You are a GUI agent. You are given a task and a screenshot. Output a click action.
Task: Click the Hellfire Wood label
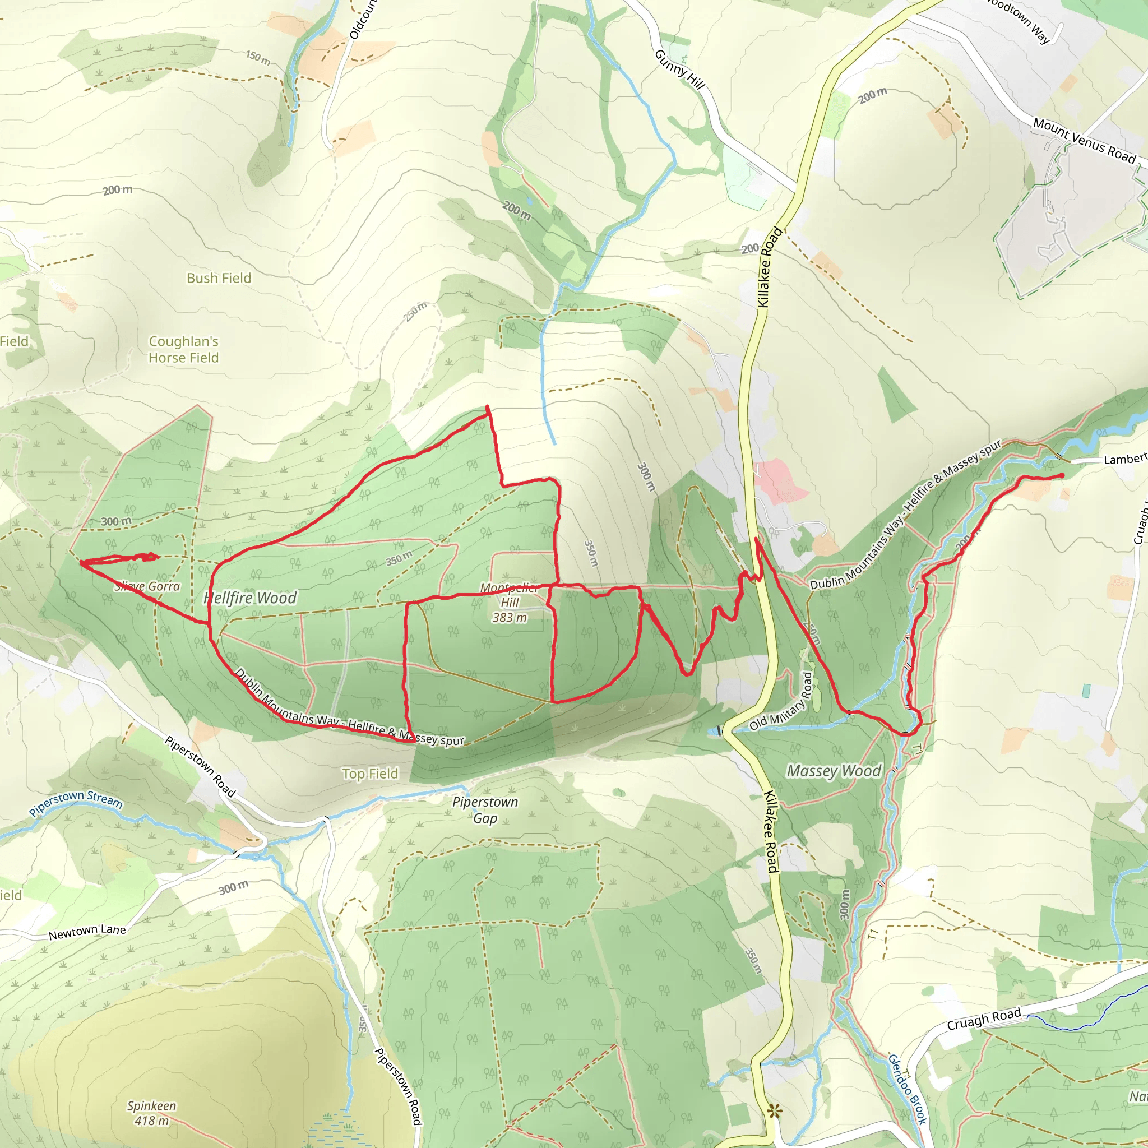click(x=249, y=598)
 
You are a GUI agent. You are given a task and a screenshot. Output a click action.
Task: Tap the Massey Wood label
click(x=834, y=771)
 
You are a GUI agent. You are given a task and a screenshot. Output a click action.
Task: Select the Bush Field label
click(x=219, y=278)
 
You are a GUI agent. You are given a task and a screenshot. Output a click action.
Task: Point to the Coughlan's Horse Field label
click(x=184, y=349)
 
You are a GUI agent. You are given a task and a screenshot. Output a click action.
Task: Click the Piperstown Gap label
click(x=485, y=810)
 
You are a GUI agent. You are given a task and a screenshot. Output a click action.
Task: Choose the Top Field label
click(x=369, y=774)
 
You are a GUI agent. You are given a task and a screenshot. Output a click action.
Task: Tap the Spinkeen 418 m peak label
click(x=151, y=1114)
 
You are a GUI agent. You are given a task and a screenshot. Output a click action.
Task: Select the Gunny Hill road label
click(x=680, y=70)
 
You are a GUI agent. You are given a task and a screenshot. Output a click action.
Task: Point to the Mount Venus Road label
click(x=1085, y=141)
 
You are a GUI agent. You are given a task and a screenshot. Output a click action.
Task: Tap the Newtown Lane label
click(x=87, y=932)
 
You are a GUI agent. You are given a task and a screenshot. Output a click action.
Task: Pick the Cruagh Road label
click(x=984, y=1019)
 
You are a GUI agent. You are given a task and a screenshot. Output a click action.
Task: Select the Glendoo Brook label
click(x=908, y=1089)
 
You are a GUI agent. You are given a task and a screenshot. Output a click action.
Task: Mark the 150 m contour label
click(x=258, y=58)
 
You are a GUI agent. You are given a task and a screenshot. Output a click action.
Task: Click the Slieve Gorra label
click(x=147, y=586)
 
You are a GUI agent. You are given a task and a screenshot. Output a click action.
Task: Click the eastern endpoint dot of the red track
click(x=1062, y=475)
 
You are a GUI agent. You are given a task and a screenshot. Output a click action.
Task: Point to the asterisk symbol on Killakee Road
click(x=774, y=1111)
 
